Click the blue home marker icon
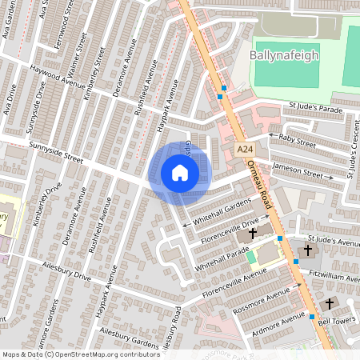179,173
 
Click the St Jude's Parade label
318,107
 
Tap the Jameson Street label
297,170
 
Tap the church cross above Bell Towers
330,304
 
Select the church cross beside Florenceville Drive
253,234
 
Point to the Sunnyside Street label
56,152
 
